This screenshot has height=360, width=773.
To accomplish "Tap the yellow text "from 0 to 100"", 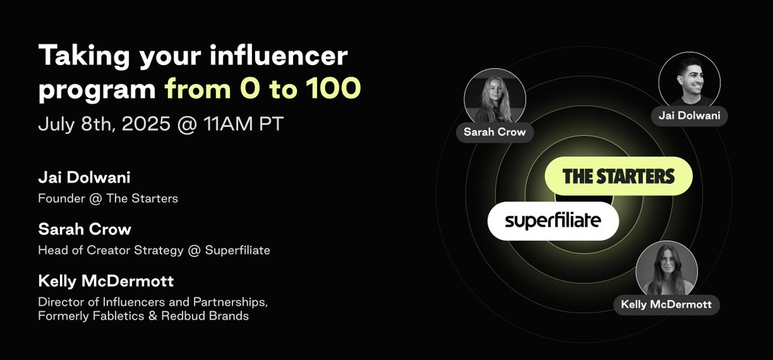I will (x=261, y=90).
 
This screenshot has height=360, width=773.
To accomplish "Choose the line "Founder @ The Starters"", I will (x=108, y=198).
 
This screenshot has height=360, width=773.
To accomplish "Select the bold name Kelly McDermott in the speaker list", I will (x=106, y=282).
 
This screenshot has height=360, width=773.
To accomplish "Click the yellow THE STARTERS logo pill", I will (x=618, y=176).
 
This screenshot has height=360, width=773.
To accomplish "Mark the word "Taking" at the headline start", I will (x=77, y=59).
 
